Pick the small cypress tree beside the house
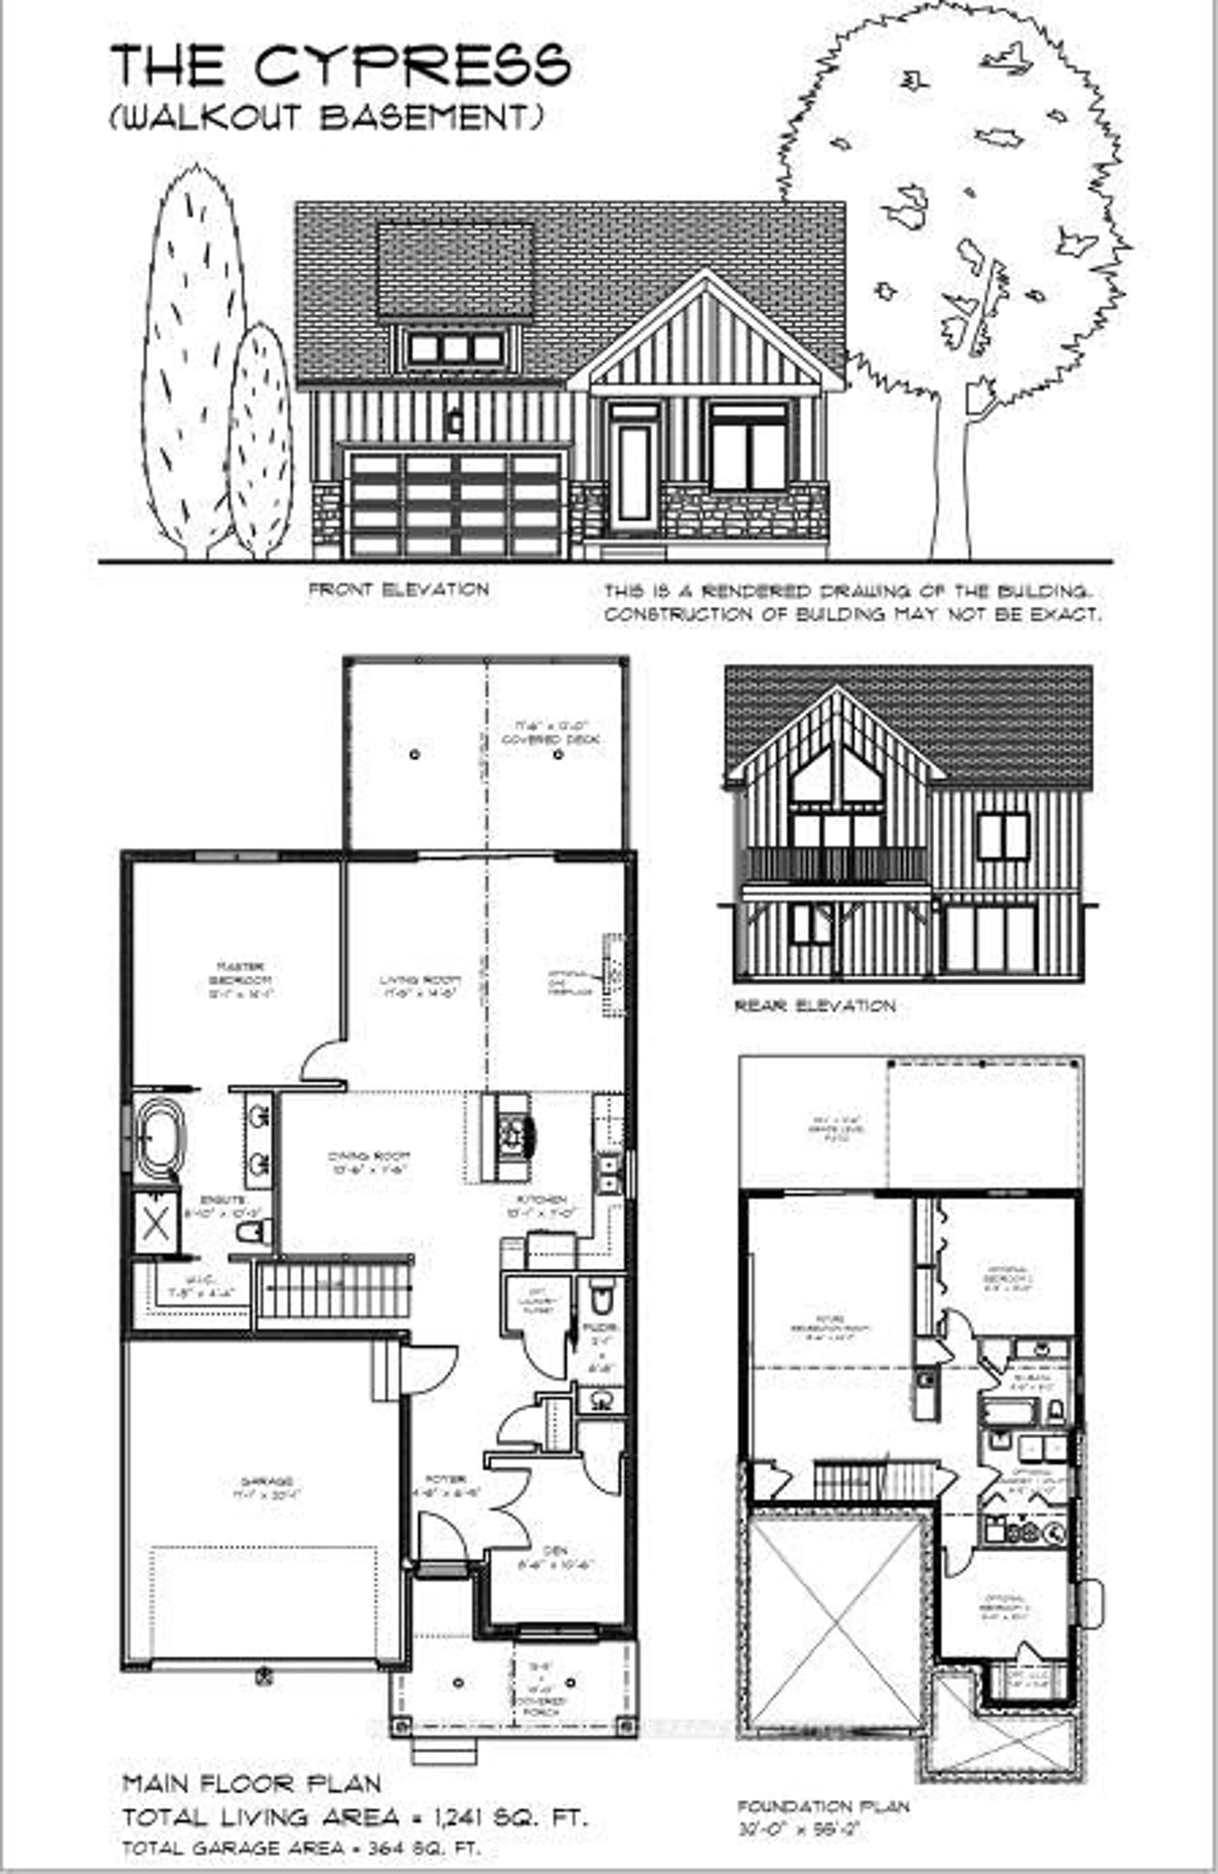click(260, 441)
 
